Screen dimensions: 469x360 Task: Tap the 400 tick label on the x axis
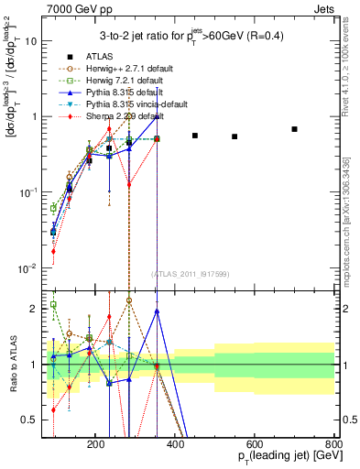215,442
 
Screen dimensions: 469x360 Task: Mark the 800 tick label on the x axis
333,442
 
